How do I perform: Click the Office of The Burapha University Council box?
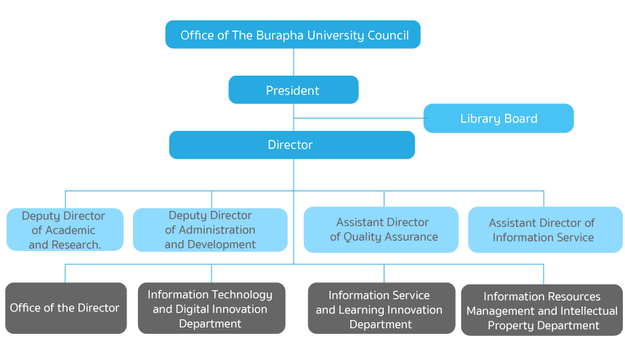point(293,35)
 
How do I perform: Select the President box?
point(293,90)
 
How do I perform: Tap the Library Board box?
point(499,119)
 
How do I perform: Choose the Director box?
point(291,145)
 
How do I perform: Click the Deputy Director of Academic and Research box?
point(65,230)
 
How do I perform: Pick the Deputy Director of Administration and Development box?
point(210,230)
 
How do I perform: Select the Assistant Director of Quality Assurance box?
point(381,230)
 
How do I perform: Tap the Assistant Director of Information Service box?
point(545,230)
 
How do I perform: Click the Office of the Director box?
point(65,308)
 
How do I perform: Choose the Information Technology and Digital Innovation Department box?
point(211,308)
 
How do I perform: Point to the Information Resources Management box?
point(542,311)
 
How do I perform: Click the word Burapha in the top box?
point(276,35)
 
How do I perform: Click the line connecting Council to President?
point(294,62)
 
